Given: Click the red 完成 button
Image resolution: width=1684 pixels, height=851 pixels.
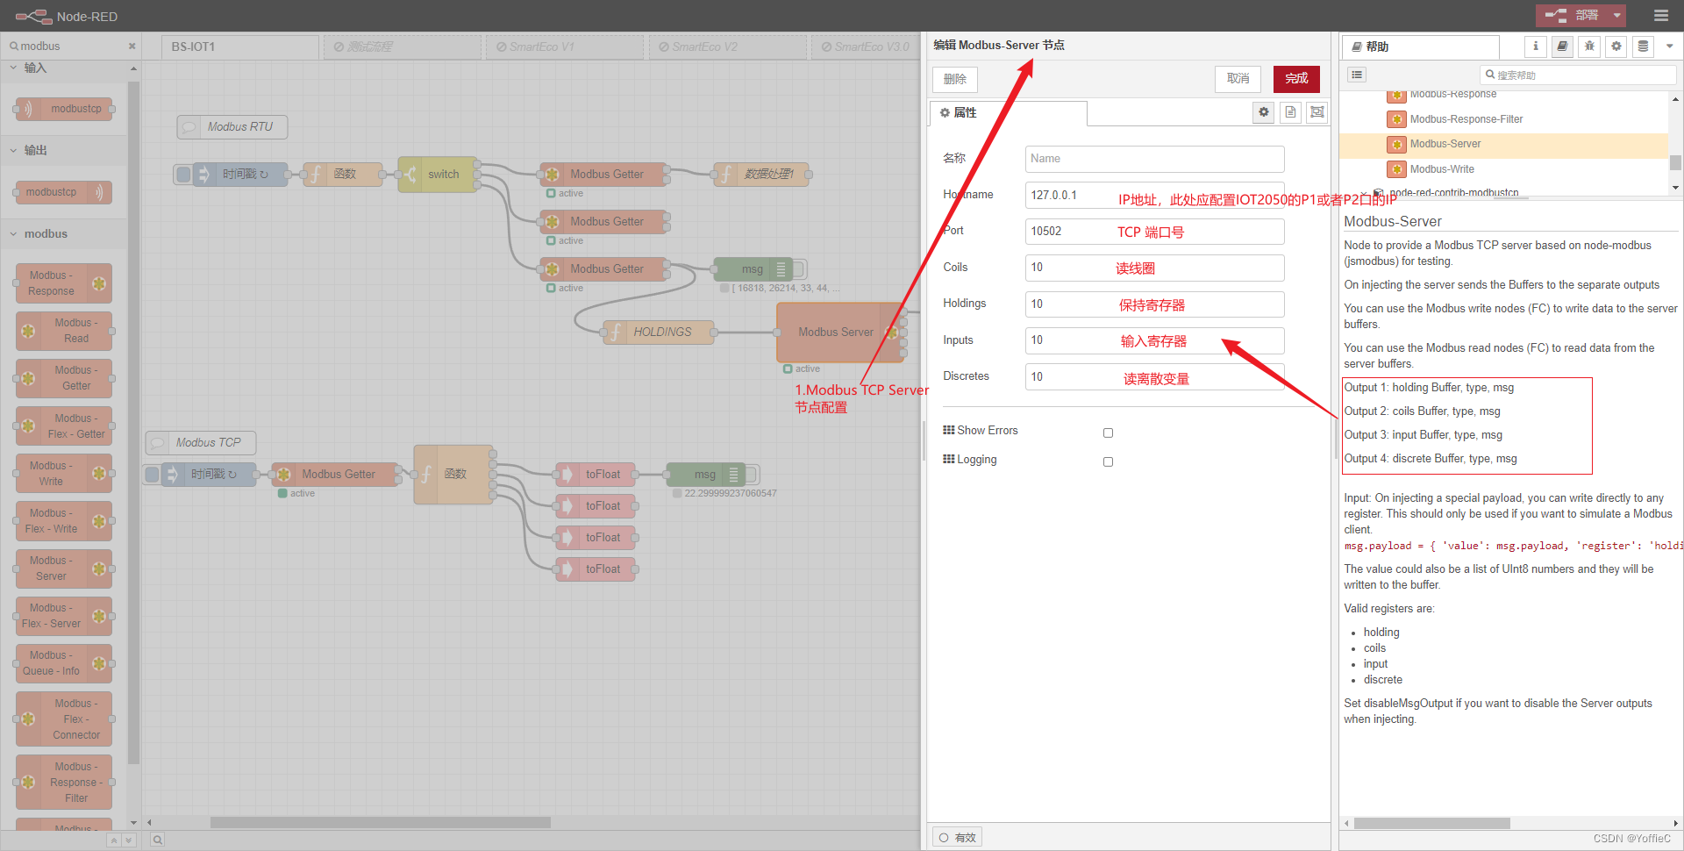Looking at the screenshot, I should click(1295, 79).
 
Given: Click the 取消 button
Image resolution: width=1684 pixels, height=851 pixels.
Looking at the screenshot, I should click(1238, 79).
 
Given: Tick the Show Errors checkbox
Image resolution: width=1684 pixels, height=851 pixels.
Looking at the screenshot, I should click(1108, 433).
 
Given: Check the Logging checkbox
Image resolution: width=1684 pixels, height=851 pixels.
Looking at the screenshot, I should click(1108, 461).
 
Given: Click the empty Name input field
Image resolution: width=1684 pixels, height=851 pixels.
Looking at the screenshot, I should click(1154, 159).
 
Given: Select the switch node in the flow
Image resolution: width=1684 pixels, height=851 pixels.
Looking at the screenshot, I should click(438, 175).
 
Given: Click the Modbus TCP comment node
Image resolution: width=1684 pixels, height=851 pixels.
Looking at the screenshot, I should click(207, 443).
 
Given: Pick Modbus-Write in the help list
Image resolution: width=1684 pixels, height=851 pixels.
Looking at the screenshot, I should click(1441, 169).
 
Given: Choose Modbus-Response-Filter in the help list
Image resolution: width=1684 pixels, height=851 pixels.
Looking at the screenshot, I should click(1466, 119).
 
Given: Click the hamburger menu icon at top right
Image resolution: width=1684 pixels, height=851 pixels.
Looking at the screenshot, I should click(1660, 16).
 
